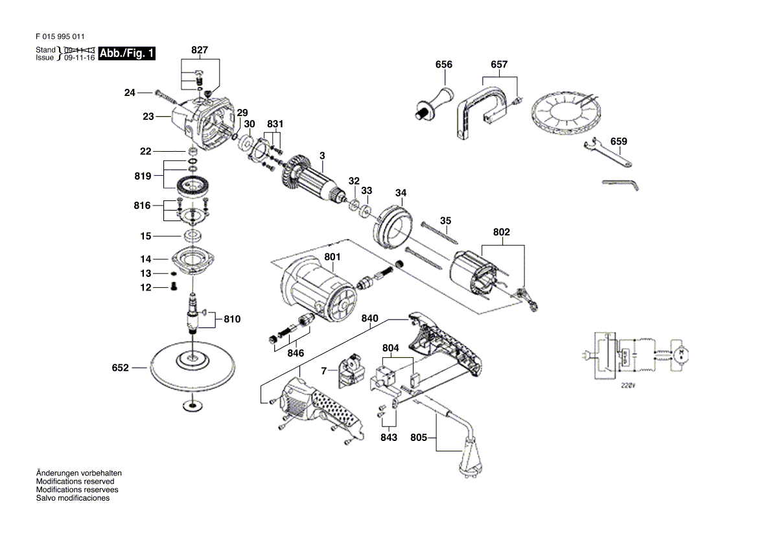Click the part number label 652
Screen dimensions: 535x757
pyautogui.click(x=121, y=368)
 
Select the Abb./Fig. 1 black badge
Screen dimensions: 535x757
pyautogui.click(x=127, y=54)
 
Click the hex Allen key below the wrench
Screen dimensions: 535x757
pyautogui.click(x=620, y=185)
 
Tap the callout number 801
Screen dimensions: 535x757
pyautogui.click(x=332, y=257)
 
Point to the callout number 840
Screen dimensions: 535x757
pyautogui.click(x=369, y=318)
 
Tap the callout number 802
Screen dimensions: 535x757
pyautogui.click(x=502, y=232)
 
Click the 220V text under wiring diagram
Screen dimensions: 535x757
pyautogui.click(x=626, y=385)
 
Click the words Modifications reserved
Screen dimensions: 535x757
pyautogui.click(x=75, y=482)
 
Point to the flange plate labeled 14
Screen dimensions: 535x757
pyautogui.click(x=193, y=261)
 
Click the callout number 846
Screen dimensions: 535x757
pyautogui.click(x=295, y=353)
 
